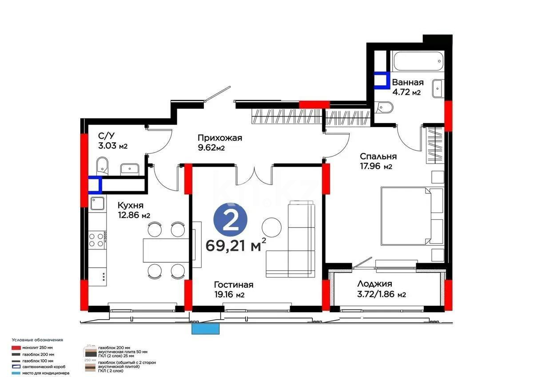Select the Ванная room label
407,82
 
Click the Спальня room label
378,156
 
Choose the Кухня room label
130,205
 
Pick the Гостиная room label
233,285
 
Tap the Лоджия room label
374,284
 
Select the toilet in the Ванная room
384,107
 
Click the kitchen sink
97,204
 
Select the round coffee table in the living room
271,228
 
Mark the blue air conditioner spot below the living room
206,329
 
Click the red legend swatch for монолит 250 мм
16,347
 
